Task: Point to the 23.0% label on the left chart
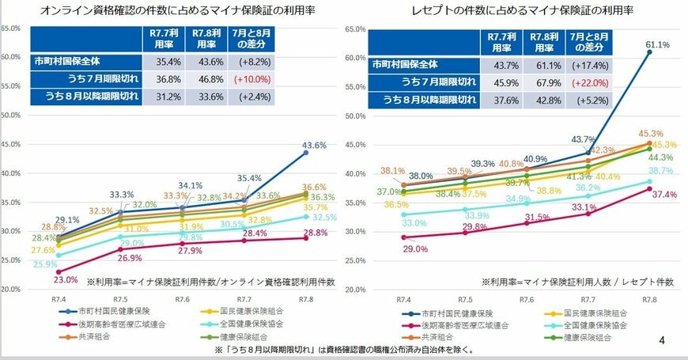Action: click(43, 280)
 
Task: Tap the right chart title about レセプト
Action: click(516, 10)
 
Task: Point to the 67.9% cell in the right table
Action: click(544, 82)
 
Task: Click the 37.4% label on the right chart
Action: click(666, 195)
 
